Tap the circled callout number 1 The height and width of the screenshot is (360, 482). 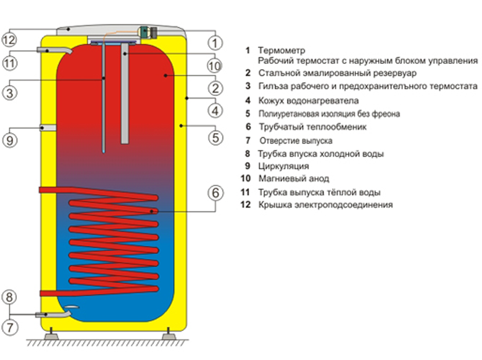point(215,42)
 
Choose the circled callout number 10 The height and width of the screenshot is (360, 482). point(215,65)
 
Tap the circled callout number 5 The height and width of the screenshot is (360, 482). point(215,138)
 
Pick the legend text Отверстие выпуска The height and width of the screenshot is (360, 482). point(296,141)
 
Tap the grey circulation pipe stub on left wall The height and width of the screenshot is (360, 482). point(48,127)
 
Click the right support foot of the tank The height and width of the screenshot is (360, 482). point(169,335)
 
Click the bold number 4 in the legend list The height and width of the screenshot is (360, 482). point(247,100)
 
